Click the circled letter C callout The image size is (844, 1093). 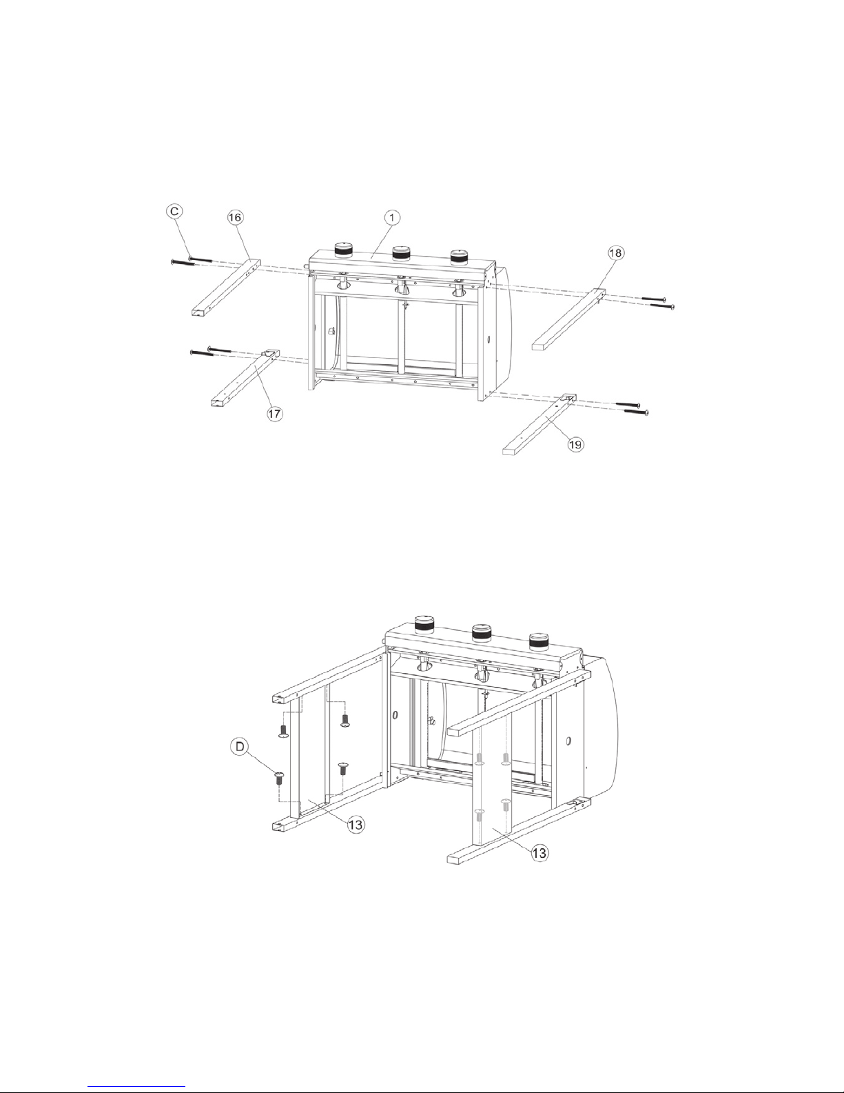click(174, 211)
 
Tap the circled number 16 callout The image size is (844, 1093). click(235, 217)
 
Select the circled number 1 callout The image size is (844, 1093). click(392, 217)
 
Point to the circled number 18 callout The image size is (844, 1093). click(616, 252)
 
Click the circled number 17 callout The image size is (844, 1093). click(274, 414)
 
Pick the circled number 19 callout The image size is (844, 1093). click(576, 444)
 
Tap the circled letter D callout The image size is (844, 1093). click(240, 746)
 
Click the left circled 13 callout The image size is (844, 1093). click(356, 824)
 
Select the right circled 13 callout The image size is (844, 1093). click(539, 852)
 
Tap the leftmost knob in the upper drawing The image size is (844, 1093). click(344, 250)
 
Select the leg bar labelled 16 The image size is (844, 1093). click(226, 288)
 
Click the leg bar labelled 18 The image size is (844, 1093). click(569, 319)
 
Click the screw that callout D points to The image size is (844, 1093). click(278, 779)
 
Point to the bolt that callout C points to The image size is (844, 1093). click(203, 259)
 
